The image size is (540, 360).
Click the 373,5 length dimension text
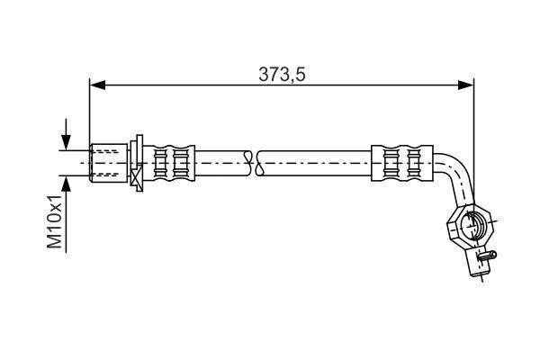[282, 75]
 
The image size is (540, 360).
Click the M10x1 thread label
[54, 221]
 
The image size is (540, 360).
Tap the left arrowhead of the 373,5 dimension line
[97, 85]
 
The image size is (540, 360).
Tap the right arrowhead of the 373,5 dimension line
[465, 85]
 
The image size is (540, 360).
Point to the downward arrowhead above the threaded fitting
[66, 142]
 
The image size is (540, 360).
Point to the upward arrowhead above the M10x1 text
[66, 184]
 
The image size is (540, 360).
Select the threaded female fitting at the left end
[109, 163]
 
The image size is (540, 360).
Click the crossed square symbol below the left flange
[137, 175]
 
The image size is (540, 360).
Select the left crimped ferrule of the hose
[169, 163]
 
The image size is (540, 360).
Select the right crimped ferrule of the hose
[402, 163]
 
